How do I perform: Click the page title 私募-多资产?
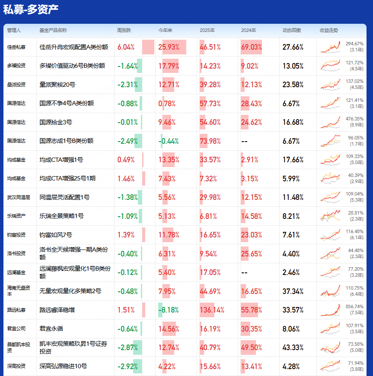coord(31,9)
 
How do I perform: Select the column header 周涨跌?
coord(124,31)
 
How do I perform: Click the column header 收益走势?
coord(329,31)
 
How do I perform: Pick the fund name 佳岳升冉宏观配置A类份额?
coord(73,47)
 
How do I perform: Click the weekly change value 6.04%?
coord(126,47)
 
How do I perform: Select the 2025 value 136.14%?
coord(212,310)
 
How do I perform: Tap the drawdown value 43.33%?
coord(293,348)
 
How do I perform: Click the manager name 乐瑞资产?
coord(16,216)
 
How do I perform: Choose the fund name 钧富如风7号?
coord(56,235)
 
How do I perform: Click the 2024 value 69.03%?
coord(252,47)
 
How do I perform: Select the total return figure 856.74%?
coord(354,306)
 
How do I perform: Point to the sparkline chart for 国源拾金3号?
coord(330,122)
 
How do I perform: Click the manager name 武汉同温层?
coord(19,197)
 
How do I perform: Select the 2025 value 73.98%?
coord(210,141)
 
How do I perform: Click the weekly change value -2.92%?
coord(128,367)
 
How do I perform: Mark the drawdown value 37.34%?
coord(293,291)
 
